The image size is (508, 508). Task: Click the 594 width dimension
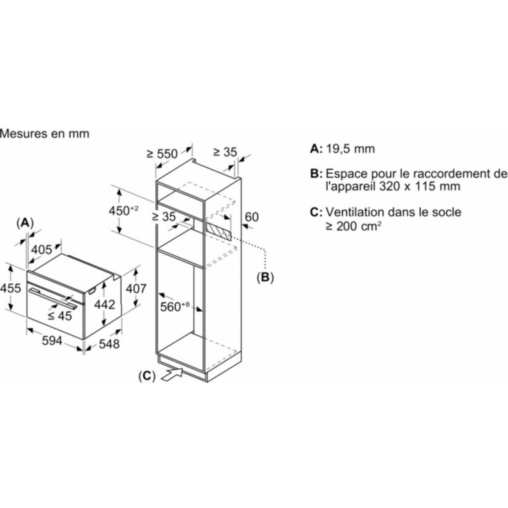click(52, 341)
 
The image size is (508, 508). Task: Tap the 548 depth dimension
click(109, 344)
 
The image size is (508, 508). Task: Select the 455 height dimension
click(10, 288)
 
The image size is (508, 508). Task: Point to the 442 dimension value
click(105, 305)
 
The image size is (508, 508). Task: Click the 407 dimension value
click(136, 289)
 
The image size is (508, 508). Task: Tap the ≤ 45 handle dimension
click(60, 316)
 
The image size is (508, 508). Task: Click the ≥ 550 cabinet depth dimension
click(162, 154)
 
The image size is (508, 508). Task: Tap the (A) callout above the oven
click(25, 223)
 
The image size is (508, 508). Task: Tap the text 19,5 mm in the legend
click(350, 149)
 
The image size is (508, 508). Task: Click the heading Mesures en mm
click(45, 134)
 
